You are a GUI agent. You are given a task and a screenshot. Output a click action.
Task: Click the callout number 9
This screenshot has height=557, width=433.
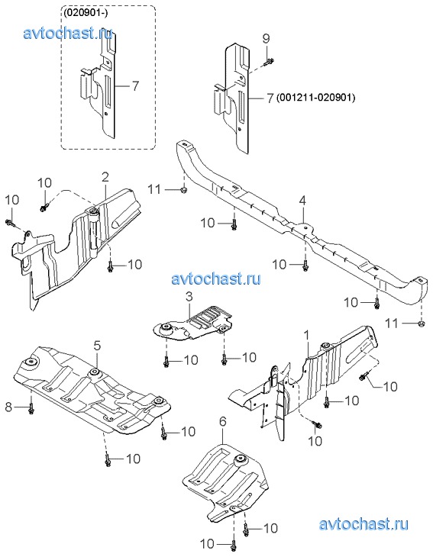(267, 39)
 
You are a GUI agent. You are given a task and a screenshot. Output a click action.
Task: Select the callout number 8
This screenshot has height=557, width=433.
(9, 407)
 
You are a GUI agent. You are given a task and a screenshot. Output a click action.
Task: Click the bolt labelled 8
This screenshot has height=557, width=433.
(31, 409)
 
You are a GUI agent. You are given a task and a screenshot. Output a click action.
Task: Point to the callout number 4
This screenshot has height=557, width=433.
(302, 201)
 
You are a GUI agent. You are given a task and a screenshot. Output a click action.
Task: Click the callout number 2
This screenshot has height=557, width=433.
(105, 177)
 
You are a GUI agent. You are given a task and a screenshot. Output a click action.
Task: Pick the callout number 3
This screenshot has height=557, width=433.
(189, 296)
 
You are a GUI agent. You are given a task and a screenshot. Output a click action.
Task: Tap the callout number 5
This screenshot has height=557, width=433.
(98, 345)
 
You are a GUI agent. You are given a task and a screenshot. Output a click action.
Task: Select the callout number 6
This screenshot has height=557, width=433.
(222, 422)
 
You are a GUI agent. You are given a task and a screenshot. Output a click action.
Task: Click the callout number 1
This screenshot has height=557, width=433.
(307, 335)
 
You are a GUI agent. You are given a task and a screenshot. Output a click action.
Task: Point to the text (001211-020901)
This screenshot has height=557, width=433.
(316, 98)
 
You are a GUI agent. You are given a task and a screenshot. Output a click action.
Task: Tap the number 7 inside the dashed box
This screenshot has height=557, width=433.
(135, 86)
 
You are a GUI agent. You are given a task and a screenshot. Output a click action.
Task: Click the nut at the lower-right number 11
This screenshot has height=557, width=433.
(420, 324)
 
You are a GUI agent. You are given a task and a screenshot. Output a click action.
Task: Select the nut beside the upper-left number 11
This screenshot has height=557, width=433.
(183, 190)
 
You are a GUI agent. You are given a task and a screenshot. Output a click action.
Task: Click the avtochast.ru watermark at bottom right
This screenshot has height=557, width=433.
(364, 524)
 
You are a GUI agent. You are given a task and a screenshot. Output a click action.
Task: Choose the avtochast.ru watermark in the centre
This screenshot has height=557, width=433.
(216, 278)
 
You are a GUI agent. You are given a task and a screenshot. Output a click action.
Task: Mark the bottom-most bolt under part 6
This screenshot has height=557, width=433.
(233, 545)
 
